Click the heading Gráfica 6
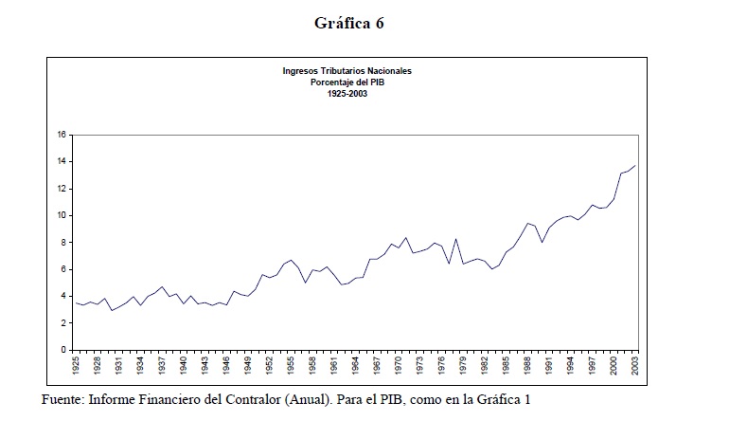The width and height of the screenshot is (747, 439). click(349, 24)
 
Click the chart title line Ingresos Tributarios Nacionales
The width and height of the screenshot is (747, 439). click(347, 71)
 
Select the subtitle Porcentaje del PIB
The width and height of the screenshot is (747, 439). click(347, 82)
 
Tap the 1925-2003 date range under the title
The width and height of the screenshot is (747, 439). click(347, 94)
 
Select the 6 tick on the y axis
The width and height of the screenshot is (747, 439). click(62, 269)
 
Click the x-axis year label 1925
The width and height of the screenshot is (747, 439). click(77, 365)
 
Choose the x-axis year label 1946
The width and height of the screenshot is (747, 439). click(227, 365)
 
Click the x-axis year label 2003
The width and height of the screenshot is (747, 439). click(634, 365)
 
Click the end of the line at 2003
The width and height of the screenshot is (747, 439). click(634, 166)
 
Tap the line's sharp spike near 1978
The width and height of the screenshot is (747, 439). click(456, 239)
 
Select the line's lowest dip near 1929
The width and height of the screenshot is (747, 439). click(112, 310)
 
